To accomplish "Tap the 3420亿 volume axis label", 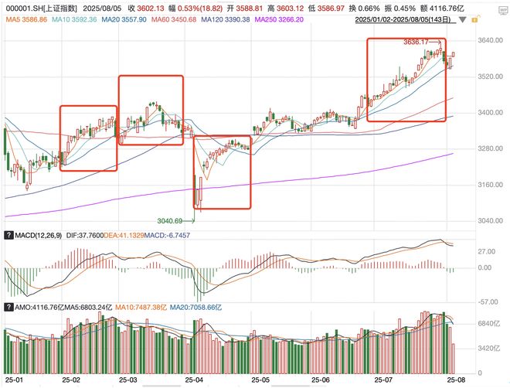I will click(487, 348).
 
